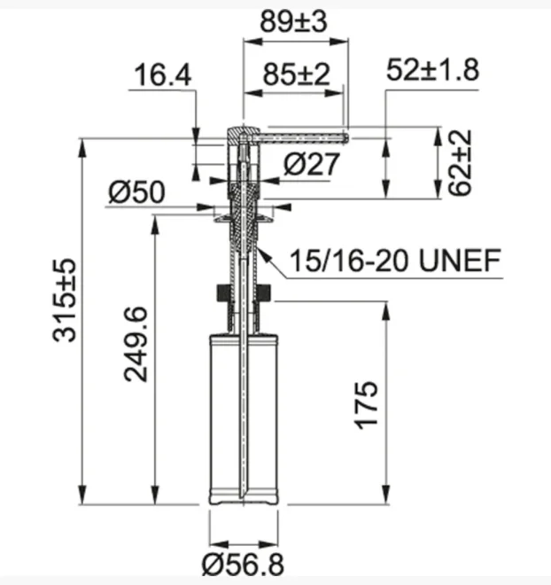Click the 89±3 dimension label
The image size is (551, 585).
pos(293,21)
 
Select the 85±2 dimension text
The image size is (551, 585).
pos(297,74)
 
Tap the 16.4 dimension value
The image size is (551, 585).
pos(162,75)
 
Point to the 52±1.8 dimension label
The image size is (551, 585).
pos(432,70)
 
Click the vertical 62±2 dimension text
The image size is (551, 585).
pos(460,163)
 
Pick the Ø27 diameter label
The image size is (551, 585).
pos(312,164)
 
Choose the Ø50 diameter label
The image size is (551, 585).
pos(136,192)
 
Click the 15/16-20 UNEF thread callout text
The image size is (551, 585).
pos(395,261)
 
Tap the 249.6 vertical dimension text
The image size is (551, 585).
pos(136,345)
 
